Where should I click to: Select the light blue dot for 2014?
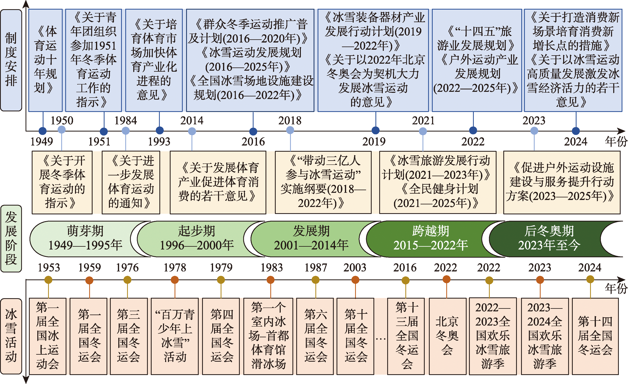[x=192, y=131]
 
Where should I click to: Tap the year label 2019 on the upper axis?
[x=374, y=142]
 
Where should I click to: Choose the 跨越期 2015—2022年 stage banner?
[x=431, y=239]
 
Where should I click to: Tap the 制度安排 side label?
[x=11, y=60]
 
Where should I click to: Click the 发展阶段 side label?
[x=11, y=239]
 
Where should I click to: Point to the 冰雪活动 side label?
[x=11, y=336]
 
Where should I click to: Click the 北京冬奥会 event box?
[x=447, y=336]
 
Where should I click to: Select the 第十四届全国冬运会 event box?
[x=595, y=336]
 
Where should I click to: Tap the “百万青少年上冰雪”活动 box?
[x=175, y=336]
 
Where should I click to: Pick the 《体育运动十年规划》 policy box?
[x=45, y=60]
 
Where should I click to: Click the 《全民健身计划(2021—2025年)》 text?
[x=438, y=196]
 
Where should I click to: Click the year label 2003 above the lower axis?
[x=355, y=267]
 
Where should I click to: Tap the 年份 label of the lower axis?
[x=616, y=288]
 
